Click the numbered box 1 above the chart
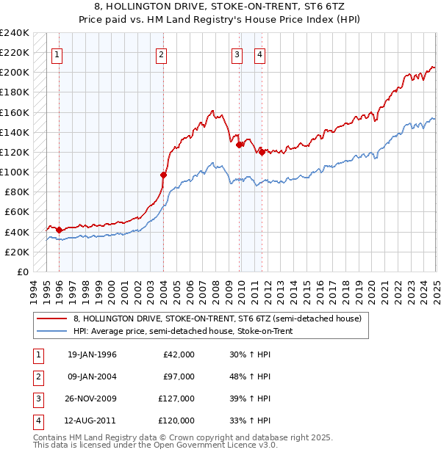pos(57,54)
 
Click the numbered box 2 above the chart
pos(161,54)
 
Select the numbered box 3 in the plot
pos(237,54)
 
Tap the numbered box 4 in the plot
pos(260,54)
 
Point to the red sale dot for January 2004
pos(164,175)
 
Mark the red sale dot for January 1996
pos(59,230)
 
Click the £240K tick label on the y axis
pos(14,33)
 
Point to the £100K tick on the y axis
pos(14,172)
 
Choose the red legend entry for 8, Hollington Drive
pos(217,319)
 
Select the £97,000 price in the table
pos(179,376)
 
